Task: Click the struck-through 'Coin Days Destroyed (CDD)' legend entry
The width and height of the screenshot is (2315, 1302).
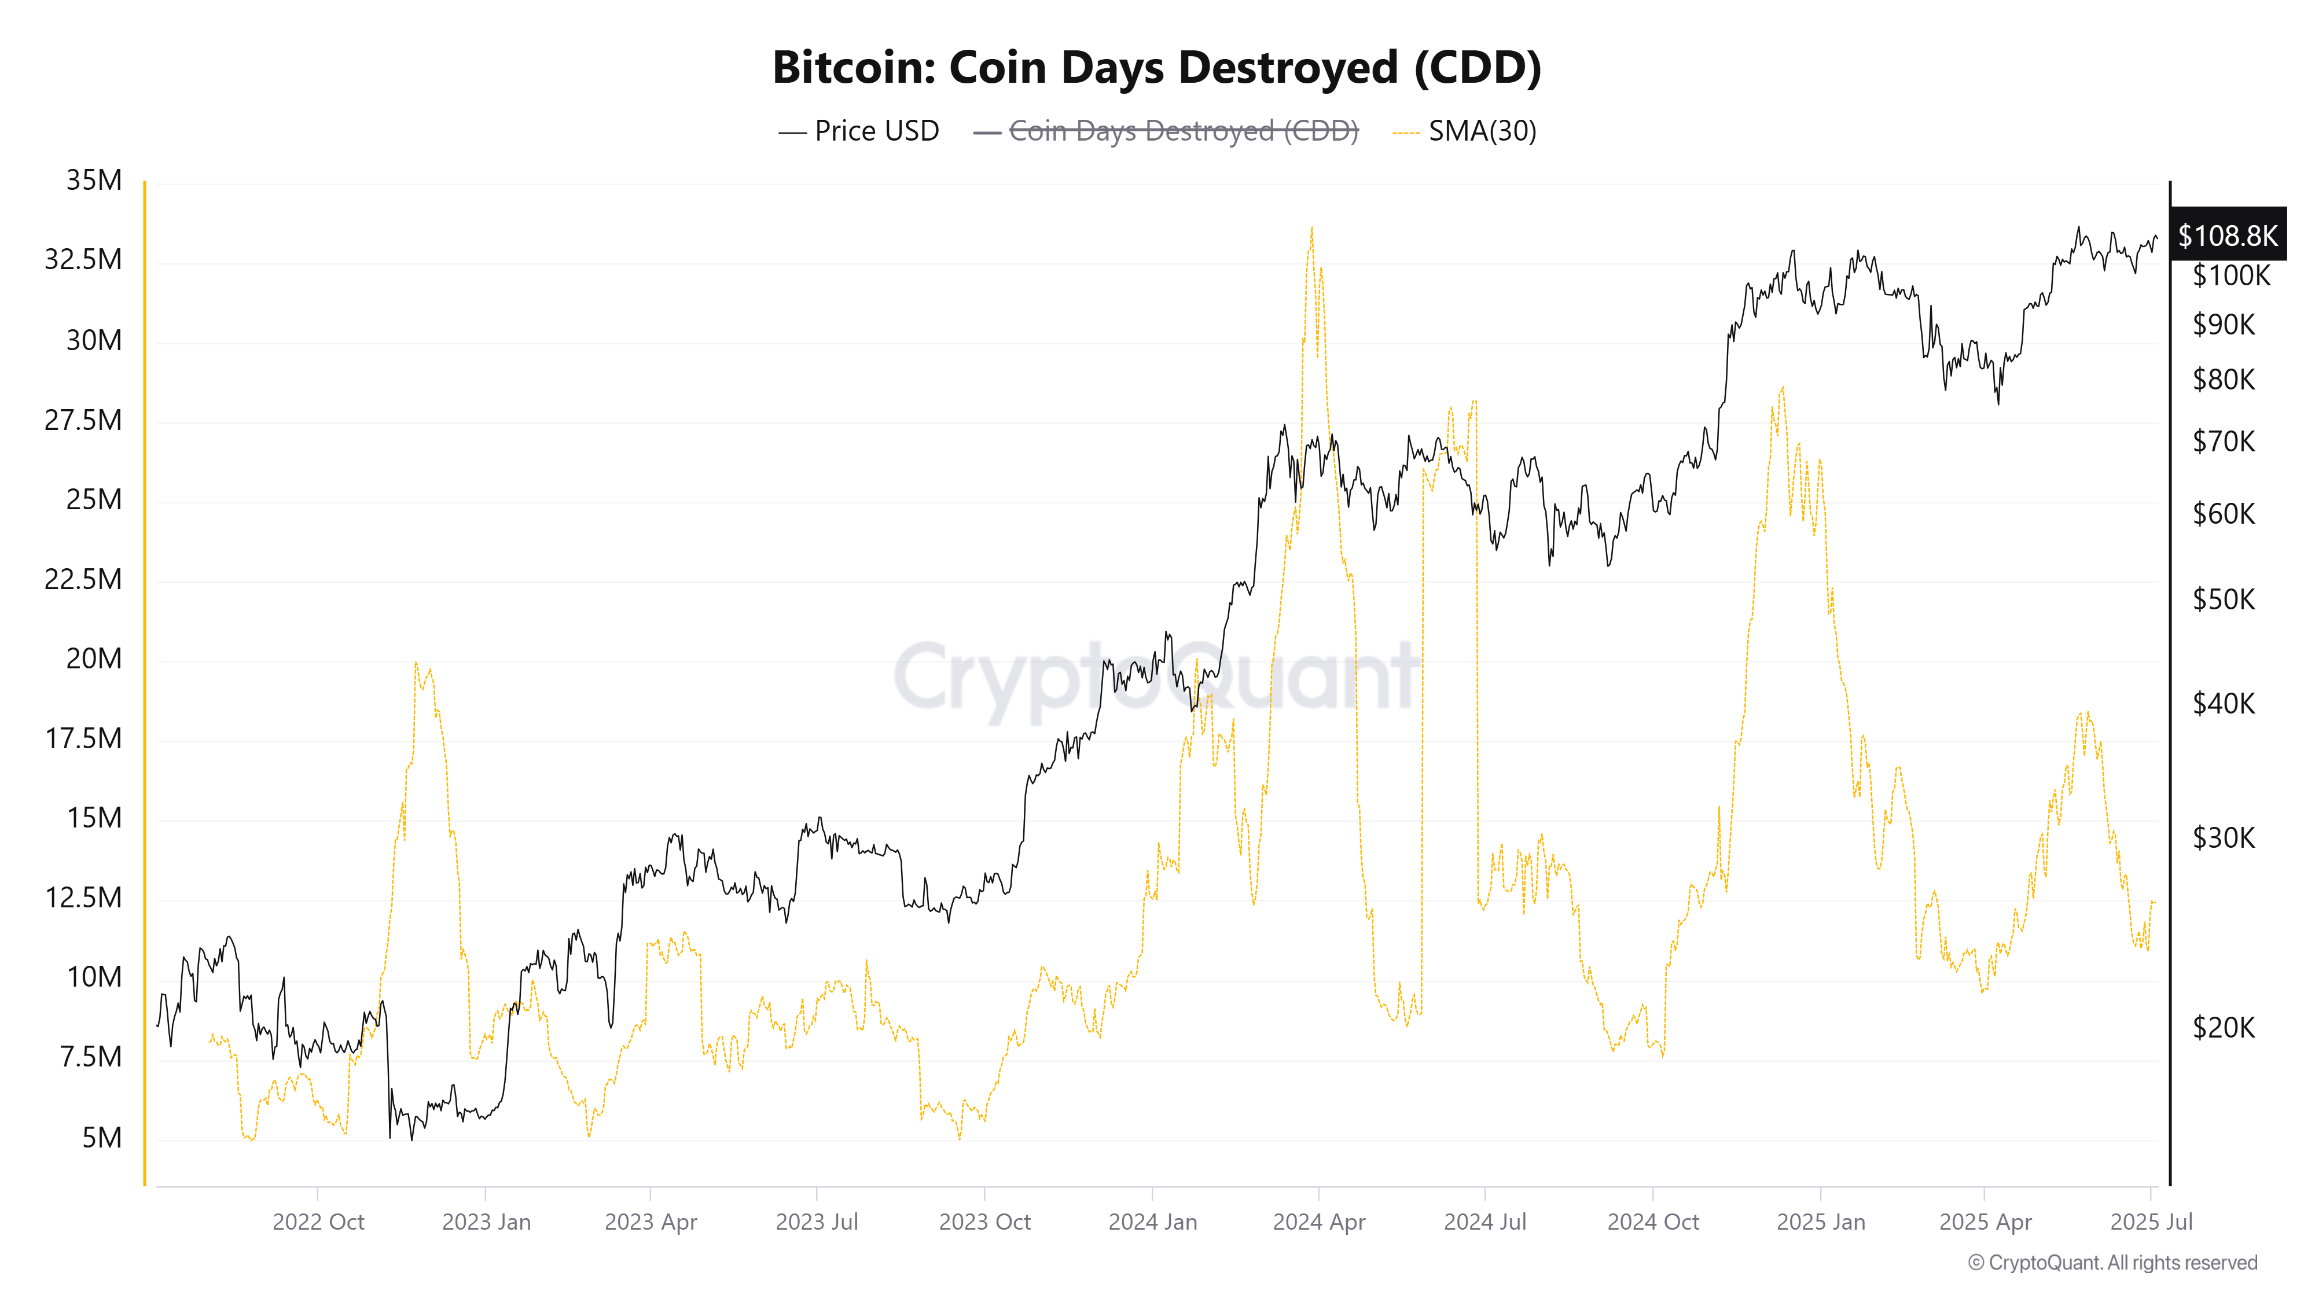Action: pos(1182,131)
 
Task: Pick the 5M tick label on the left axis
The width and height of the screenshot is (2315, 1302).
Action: pos(101,1138)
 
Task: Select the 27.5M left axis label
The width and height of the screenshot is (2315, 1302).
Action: pos(83,420)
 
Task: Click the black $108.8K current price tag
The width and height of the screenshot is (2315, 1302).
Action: pos(2227,236)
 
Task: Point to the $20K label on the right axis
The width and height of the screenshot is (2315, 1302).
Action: pos(2224,1027)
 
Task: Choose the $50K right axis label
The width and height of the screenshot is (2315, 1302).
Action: pos(2224,599)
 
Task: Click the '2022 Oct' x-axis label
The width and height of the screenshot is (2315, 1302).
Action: pos(318,1222)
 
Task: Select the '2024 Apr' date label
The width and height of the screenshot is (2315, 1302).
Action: pos(1318,1222)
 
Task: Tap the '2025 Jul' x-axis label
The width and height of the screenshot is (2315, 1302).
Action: pos(2151,1222)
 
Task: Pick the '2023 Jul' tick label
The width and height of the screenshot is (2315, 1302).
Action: pos(816,1222)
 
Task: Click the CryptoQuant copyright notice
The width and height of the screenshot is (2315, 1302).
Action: pos(2112,1263)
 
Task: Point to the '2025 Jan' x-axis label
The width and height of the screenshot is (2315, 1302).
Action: pos(1821,1222)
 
